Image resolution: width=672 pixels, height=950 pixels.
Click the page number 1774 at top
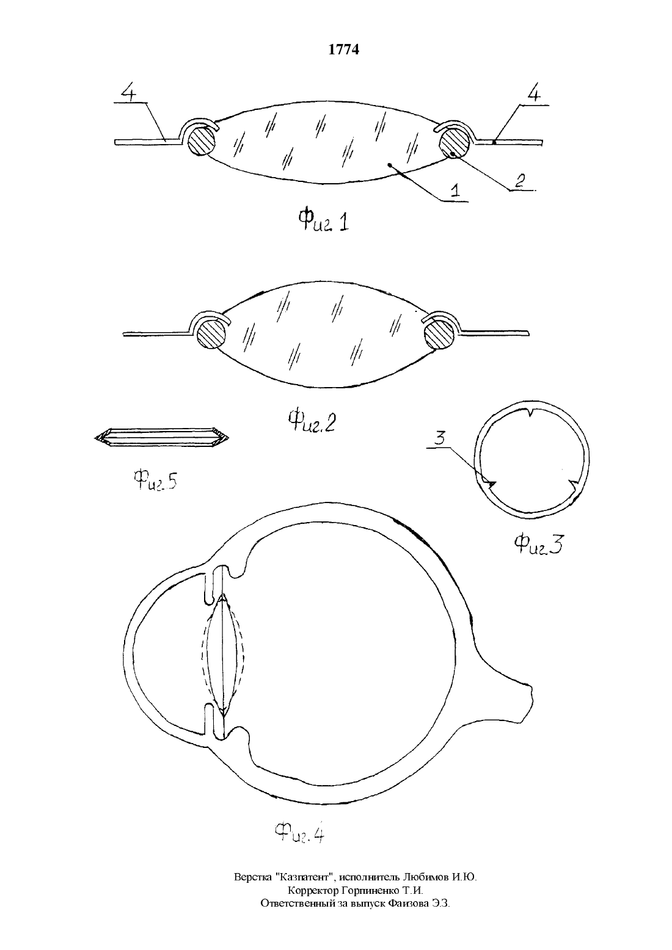[x=343, y=49]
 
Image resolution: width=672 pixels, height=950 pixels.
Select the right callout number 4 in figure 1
[x=534, y=94]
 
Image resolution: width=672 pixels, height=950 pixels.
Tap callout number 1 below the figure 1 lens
[x=455, y=190]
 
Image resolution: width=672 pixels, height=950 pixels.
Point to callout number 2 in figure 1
[x=520, y=181]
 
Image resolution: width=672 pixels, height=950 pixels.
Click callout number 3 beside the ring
[x=440, y=438]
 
